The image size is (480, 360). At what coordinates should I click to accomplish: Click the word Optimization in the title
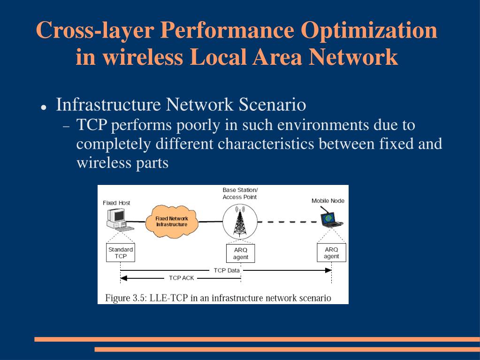pyautogui.click(x=369, y=31)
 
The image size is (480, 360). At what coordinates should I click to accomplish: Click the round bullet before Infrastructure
pyautogui.click(x=43, y=107)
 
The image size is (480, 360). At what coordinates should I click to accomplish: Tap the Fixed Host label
pyautogui.click(x=116, y=203)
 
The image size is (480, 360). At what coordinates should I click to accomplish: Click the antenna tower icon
pyautogui.click(x=240, y=220)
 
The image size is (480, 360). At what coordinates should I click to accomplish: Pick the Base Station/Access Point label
pyautogui.click(x=240, y=193)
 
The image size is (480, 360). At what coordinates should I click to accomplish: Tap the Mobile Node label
pyautogui.click(x=328, y=201)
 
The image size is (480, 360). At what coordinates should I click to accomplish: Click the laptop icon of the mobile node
pyautogui.click(x=331, y=219)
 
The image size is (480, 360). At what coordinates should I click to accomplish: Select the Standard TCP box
pyautogui.click(x=121, y=253)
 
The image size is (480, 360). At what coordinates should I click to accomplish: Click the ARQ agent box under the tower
pyautogui.click(x=241, y=253)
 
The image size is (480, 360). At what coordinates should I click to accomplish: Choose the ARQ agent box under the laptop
pyautogui.click(x=331, y=253)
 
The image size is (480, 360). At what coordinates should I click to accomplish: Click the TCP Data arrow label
pyautogui.click(x=227, y=270)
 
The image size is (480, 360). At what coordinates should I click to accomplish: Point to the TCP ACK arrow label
pyautogui.click(x=182, y=278)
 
